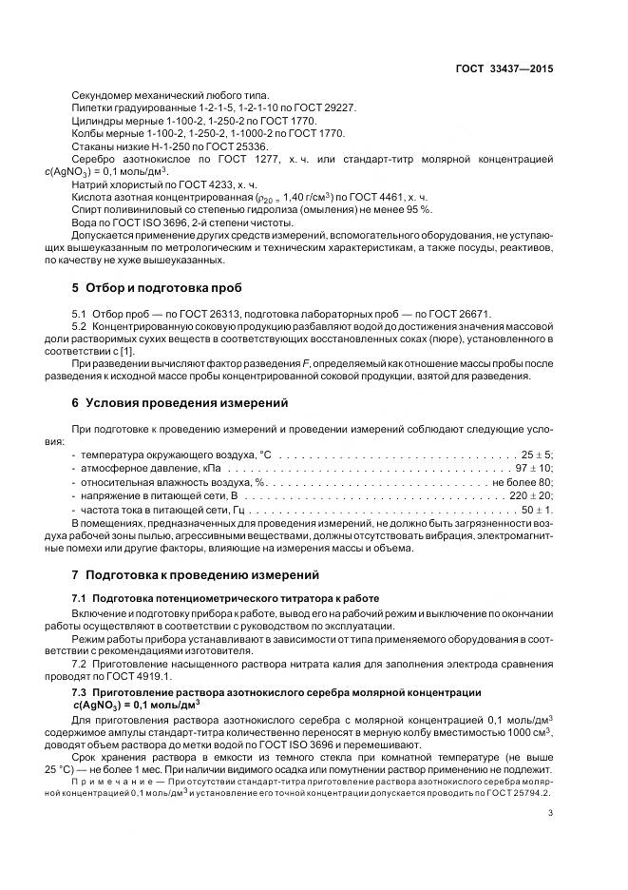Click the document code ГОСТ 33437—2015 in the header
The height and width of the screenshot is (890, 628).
tap(504, 69)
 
